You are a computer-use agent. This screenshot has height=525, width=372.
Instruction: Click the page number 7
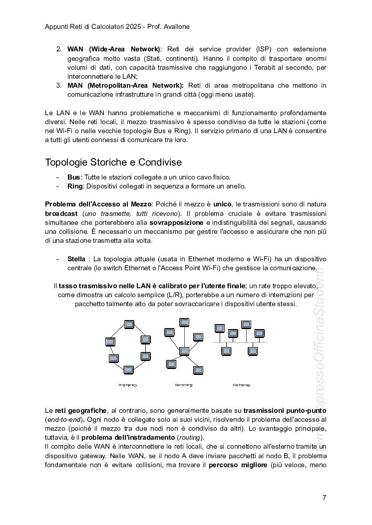pos(325,497)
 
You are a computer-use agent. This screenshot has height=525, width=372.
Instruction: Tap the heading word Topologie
pos(66,163)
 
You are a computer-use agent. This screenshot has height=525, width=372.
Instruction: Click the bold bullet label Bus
pos(73,177)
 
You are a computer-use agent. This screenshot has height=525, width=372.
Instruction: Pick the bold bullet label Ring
pos(75,186)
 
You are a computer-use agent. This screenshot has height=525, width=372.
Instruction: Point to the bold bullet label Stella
pos(76,259)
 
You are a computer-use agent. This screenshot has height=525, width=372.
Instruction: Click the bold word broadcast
pos(61,213)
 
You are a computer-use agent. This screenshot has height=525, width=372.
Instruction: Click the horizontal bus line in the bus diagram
pos(240,342)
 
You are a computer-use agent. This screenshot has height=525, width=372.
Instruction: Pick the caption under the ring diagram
pos(127,385)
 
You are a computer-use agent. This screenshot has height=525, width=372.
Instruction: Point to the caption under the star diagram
pos(184,385)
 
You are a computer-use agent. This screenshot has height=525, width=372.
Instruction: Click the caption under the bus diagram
pos(242,385)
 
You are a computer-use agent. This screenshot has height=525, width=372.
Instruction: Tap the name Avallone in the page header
pos(175,26)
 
